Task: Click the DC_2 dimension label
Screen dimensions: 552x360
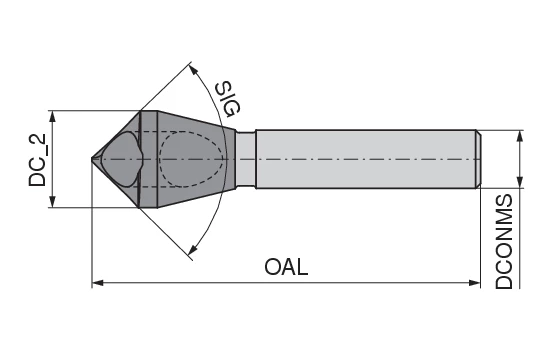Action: tap(38, 160)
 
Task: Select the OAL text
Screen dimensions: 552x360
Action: tap(286, 267)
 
